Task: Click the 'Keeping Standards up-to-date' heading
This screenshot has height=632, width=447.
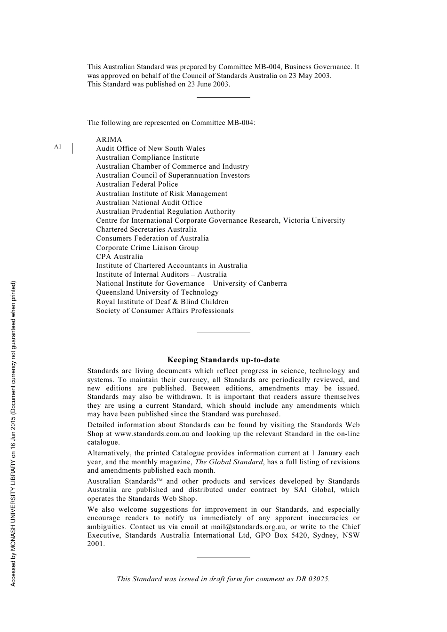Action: point(223,360)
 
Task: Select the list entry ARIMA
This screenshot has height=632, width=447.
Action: point(109,140)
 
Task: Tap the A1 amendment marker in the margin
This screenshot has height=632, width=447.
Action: point(57,147)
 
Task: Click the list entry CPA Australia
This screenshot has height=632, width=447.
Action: point(120,257)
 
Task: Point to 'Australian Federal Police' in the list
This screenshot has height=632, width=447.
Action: point(137,184)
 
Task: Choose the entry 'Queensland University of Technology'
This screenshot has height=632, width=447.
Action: point(157,292)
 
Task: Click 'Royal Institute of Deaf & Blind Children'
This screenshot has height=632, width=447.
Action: point(162,302)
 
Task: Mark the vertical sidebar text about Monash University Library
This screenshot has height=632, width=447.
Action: point(13,434)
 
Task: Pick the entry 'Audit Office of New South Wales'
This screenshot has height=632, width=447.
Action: point(151,148)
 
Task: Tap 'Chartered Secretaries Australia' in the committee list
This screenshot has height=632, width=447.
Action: point(146,229)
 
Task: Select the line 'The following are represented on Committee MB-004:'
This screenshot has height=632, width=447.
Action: point(171,123)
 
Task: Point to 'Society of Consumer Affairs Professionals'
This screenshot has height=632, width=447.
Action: point(165,311)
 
